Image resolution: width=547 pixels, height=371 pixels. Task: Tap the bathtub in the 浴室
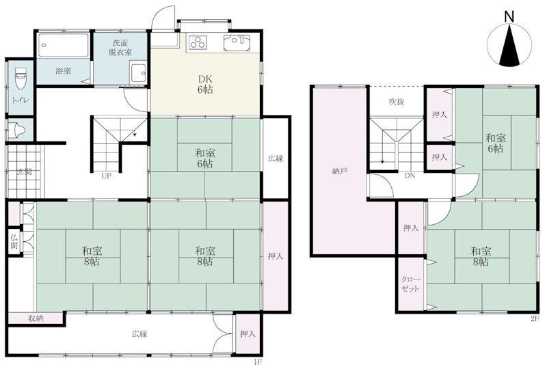tap(63, 45)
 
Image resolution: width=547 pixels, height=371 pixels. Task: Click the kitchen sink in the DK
tap(237, 42)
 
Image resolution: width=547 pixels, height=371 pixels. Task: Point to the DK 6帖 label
tap(205, 84)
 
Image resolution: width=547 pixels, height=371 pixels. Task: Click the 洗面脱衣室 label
tap(120, 48)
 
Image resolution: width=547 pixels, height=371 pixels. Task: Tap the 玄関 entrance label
tap(25, 172)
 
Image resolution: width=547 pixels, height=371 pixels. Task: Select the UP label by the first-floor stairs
tap(106, 176)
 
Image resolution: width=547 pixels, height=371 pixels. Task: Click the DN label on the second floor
tap(410, 176)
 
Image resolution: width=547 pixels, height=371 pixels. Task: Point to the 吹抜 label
tap(397, 102)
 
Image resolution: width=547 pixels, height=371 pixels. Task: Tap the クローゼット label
tap(410, 284)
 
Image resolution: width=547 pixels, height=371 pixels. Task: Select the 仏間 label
tap(14, 242)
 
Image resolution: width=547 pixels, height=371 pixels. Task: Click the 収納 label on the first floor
tap(36, 318)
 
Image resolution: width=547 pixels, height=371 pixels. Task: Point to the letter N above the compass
tap(509, 16)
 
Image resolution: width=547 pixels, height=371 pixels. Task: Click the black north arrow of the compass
tap(509, 45)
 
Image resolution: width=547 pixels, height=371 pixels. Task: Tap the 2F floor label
tap(535, 318)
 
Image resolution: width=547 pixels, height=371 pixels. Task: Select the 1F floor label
tap(257, 362)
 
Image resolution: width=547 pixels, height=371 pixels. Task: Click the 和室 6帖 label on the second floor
tap(495, 143)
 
